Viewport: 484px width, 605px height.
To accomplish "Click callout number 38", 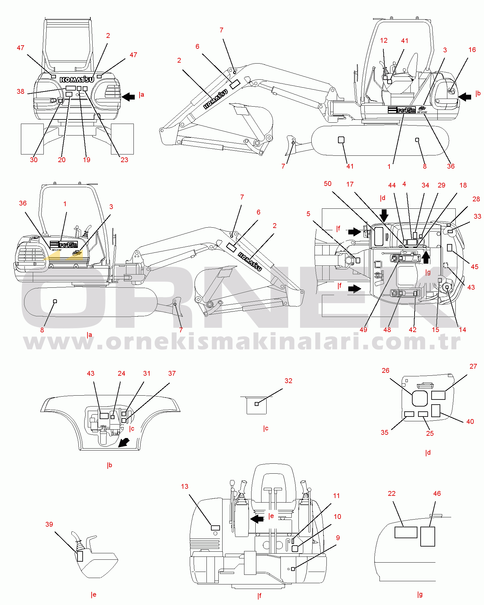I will (x=20, y=92).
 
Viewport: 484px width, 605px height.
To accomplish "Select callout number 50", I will (x=327, y=184).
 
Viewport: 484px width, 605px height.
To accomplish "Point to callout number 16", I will (x=472, y=50).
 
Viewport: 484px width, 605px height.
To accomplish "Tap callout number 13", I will (x=185, y=487).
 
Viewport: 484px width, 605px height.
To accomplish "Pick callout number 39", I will (x=49, y=524).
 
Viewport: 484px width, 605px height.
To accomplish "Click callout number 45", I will (x=474, y=267).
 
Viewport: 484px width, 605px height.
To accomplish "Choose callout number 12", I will (x=384, y=40).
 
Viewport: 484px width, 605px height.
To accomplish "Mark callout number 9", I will (x=338, y=538).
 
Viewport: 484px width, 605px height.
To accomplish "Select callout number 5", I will (x=308, y=214).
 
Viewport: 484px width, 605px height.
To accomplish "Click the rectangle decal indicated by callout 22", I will (x=406, y=532).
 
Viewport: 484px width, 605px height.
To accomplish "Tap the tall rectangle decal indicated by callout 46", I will (x=428, y=536).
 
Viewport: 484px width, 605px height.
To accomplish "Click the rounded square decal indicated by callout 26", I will (x=420, y=399).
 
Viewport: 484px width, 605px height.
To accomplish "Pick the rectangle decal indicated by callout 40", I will (x=435, y=411).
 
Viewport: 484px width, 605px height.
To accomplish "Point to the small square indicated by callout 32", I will (x=257, y=404).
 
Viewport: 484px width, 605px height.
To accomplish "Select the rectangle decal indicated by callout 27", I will (x=438, y=395).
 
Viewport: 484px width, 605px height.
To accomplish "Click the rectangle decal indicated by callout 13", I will (x=215, y=528).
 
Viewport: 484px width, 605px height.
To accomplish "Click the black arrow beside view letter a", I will (x=128, y=96).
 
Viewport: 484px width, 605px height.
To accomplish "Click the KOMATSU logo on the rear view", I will (x=77, y=80).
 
